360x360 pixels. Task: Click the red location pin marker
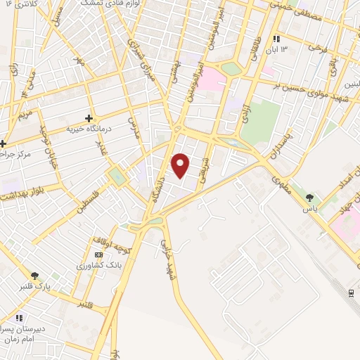coord(181,165)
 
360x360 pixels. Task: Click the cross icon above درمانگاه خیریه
coord(89,118)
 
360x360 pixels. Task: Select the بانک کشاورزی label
coord(98,266)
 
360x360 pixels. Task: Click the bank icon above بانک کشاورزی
coord(98,254)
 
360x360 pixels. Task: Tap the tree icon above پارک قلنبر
coord(35,276)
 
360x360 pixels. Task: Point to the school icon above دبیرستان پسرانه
coord(20,317)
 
